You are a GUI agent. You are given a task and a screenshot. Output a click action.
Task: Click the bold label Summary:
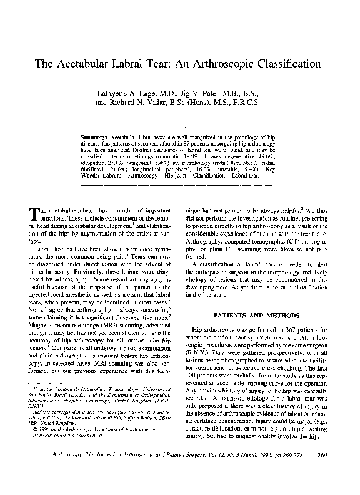[97, 135]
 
